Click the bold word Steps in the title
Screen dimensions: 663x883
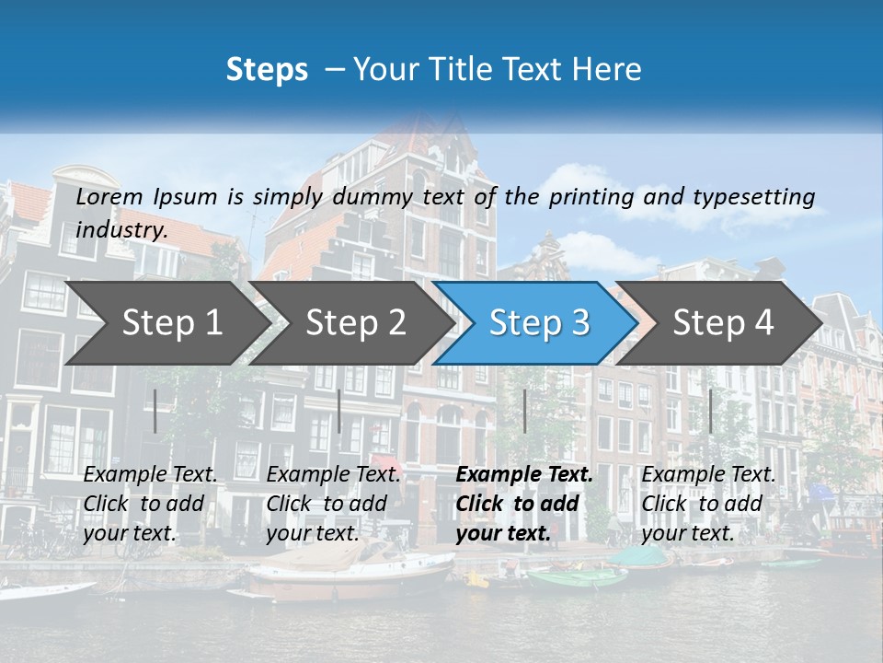(x=267, y=70)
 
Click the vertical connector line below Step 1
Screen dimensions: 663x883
(x=155, y=411)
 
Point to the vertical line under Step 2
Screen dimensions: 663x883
(x=339, y=411)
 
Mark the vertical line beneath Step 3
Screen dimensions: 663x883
(x=524, y=411)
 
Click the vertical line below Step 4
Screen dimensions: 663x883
(x=710, y=411)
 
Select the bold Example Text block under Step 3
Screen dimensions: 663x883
(x=524, y=504)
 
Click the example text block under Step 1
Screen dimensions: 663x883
(x=150, y=504)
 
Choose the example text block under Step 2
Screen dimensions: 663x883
(x=333, y=504)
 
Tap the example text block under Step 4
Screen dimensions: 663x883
(x=708, y=504)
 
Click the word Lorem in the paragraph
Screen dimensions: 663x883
(x=109, y=196)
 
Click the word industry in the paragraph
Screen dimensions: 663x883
(x=121, y=229)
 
